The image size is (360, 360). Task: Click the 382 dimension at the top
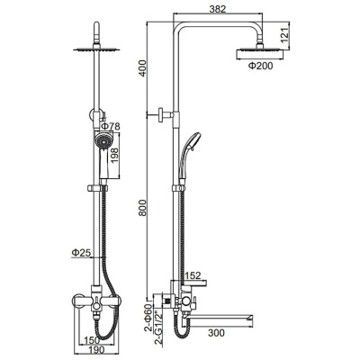point(218,9)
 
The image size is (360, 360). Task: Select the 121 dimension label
point(284,33)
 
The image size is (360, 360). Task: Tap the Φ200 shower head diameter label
point(260,66)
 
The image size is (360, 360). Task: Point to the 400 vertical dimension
point(142,67)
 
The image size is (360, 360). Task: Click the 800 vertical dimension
point(142,208)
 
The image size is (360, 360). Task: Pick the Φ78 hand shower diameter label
point(110,126)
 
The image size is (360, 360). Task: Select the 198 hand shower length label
point(115,155)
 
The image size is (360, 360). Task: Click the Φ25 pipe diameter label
point(81,253)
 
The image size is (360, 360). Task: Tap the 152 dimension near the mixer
point(192,274)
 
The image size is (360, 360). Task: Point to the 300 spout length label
point(216,333)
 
